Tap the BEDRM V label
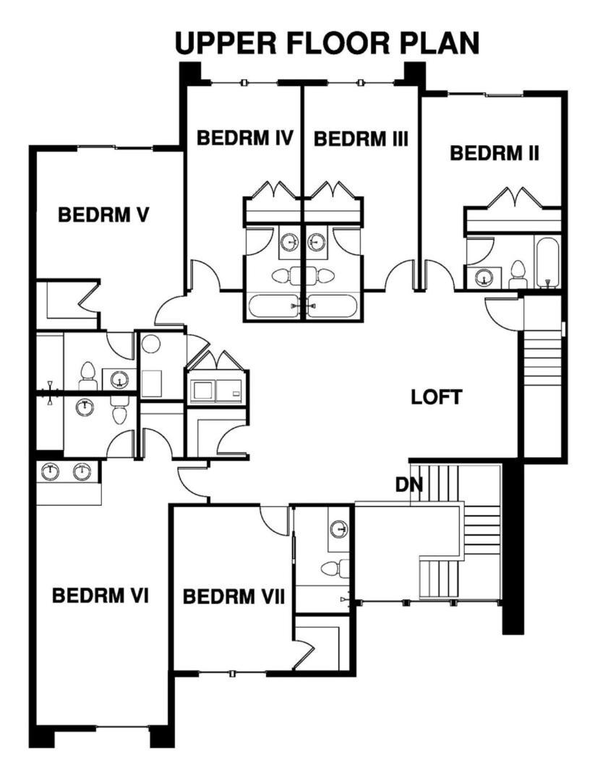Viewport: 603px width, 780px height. tap(103, 215)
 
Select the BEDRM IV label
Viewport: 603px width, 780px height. tap(244, 137)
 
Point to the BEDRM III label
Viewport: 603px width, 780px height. tap(361, 139)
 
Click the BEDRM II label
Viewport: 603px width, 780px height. tap(495, 153)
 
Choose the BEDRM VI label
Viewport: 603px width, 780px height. tap(100, 595)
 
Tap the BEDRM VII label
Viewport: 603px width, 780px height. tap(234, 596)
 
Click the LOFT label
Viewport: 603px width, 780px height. tap(436, 397)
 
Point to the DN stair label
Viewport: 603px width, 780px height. tap(409, 485)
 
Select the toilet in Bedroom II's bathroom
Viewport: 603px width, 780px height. tap(518, 274)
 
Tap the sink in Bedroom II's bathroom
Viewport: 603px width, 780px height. tap(483, 277)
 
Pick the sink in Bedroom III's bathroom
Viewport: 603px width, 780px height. tap(316, 243)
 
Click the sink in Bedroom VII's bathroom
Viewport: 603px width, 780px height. tap(339, 528)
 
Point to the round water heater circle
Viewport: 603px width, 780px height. tap(150, 344)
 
